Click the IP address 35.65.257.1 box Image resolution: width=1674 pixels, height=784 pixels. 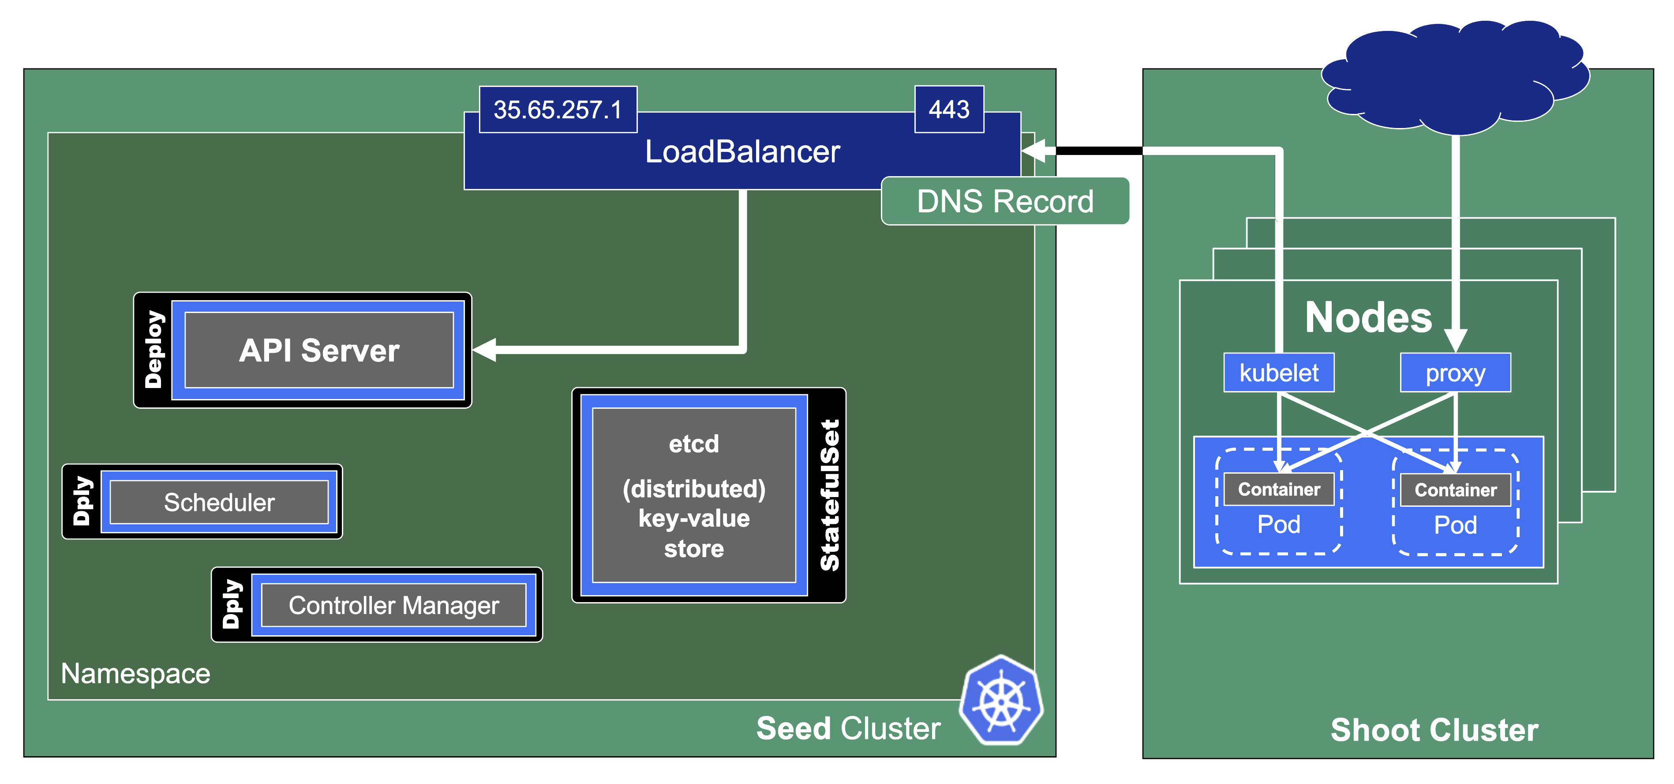(558, 109)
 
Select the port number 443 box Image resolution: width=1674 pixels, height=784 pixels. (949, 109)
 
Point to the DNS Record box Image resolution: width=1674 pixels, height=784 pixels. (1005, 202)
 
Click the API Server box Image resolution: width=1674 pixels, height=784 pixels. (319, 351)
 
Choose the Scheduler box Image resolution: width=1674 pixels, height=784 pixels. (219, 502)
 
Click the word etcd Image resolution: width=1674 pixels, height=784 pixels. (694, 444)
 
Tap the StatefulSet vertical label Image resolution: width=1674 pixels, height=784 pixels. (829, 495)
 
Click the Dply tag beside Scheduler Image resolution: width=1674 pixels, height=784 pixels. (82, 501)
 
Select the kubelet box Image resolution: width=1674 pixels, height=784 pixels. (1278, 373)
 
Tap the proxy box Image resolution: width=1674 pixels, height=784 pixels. (1455, 373)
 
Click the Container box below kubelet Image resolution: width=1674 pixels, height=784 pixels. (1278, 490)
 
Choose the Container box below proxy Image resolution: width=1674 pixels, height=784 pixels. (1455, 490)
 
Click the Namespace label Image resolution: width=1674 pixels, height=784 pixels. (135, 674)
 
